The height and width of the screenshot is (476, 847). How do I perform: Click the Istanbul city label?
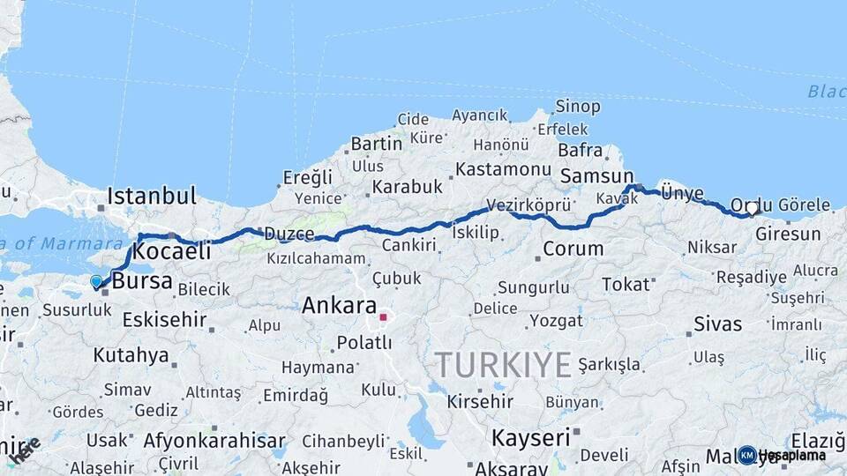pyautogui.click(x=152, y=195)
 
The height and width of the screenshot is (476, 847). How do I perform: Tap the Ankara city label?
pyautogui.click(x=340, y=306)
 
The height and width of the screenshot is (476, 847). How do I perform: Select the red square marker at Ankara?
pyautogui.click(x=383, y=316)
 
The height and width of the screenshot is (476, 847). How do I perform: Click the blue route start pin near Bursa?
pyautogui.click(x=96, y=281)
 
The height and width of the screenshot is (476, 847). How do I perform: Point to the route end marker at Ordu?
pyautogui.click(x=752, y=209)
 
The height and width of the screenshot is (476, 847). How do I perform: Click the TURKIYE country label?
pyautogui.click(x=503, y=364)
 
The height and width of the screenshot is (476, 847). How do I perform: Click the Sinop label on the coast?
pyautogui.click(x=578, y=107)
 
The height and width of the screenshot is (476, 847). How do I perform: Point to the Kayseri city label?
pyautogui.click(x=530, y=437)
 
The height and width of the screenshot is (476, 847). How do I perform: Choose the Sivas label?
pyautogui.click(x=718, y=324)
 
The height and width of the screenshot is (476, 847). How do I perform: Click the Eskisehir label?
pyautogui.click(x=159, y=319)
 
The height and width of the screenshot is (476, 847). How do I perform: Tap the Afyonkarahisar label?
pyautogui.click(x=214, y=440)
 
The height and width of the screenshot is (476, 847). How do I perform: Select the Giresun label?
pyautogui.click(x=788, y=234)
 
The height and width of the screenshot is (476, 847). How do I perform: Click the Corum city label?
pyautogui.click(x=573, y=249)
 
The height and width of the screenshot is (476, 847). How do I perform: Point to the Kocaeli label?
pyautogui.click(x=173, y=251)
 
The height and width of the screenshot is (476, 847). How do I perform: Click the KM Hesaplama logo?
pyautogui.click(x=782, y=455)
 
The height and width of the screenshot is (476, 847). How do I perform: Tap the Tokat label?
pyautogui.click(x=626, y=284)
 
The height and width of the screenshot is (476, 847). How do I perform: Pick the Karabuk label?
pyautogui.click(x=407, y=187)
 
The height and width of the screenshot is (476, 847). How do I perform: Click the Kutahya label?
pyautogui.click(x=131, y=355)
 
